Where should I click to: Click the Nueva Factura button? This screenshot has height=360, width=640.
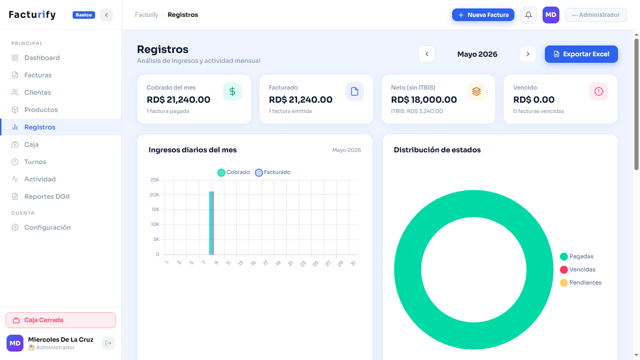pos(483,15)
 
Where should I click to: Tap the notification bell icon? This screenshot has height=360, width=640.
pos(528,15)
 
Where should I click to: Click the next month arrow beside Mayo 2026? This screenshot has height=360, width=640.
pos(528,54)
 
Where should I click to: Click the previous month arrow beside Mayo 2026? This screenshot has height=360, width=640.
pos(427,54)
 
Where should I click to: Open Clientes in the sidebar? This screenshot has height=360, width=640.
pos(37,92)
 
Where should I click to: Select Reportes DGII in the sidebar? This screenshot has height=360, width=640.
pos(47,196)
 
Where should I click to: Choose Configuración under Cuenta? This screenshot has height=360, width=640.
pos(47,227)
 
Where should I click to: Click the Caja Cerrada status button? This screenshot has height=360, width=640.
pos(60,320)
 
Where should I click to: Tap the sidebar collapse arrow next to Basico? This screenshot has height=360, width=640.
pos(106,15)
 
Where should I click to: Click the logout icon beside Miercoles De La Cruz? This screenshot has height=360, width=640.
pos(108,343)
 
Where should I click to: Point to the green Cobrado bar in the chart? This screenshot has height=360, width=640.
pos(210,223)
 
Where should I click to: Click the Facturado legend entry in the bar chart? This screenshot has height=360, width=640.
pos(273,172)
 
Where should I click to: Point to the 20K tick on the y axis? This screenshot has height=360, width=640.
pos(155,195)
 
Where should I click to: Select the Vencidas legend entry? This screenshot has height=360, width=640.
pos(578,270)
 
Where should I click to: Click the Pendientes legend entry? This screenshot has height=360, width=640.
pos(580,283)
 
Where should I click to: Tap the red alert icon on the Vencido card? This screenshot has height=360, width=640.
pos(599,91)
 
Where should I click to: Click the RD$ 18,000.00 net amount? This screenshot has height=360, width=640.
pos(424,99)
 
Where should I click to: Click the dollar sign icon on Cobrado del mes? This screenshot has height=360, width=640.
pos(232,91)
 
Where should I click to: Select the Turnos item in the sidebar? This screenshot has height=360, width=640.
pos(35,162)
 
